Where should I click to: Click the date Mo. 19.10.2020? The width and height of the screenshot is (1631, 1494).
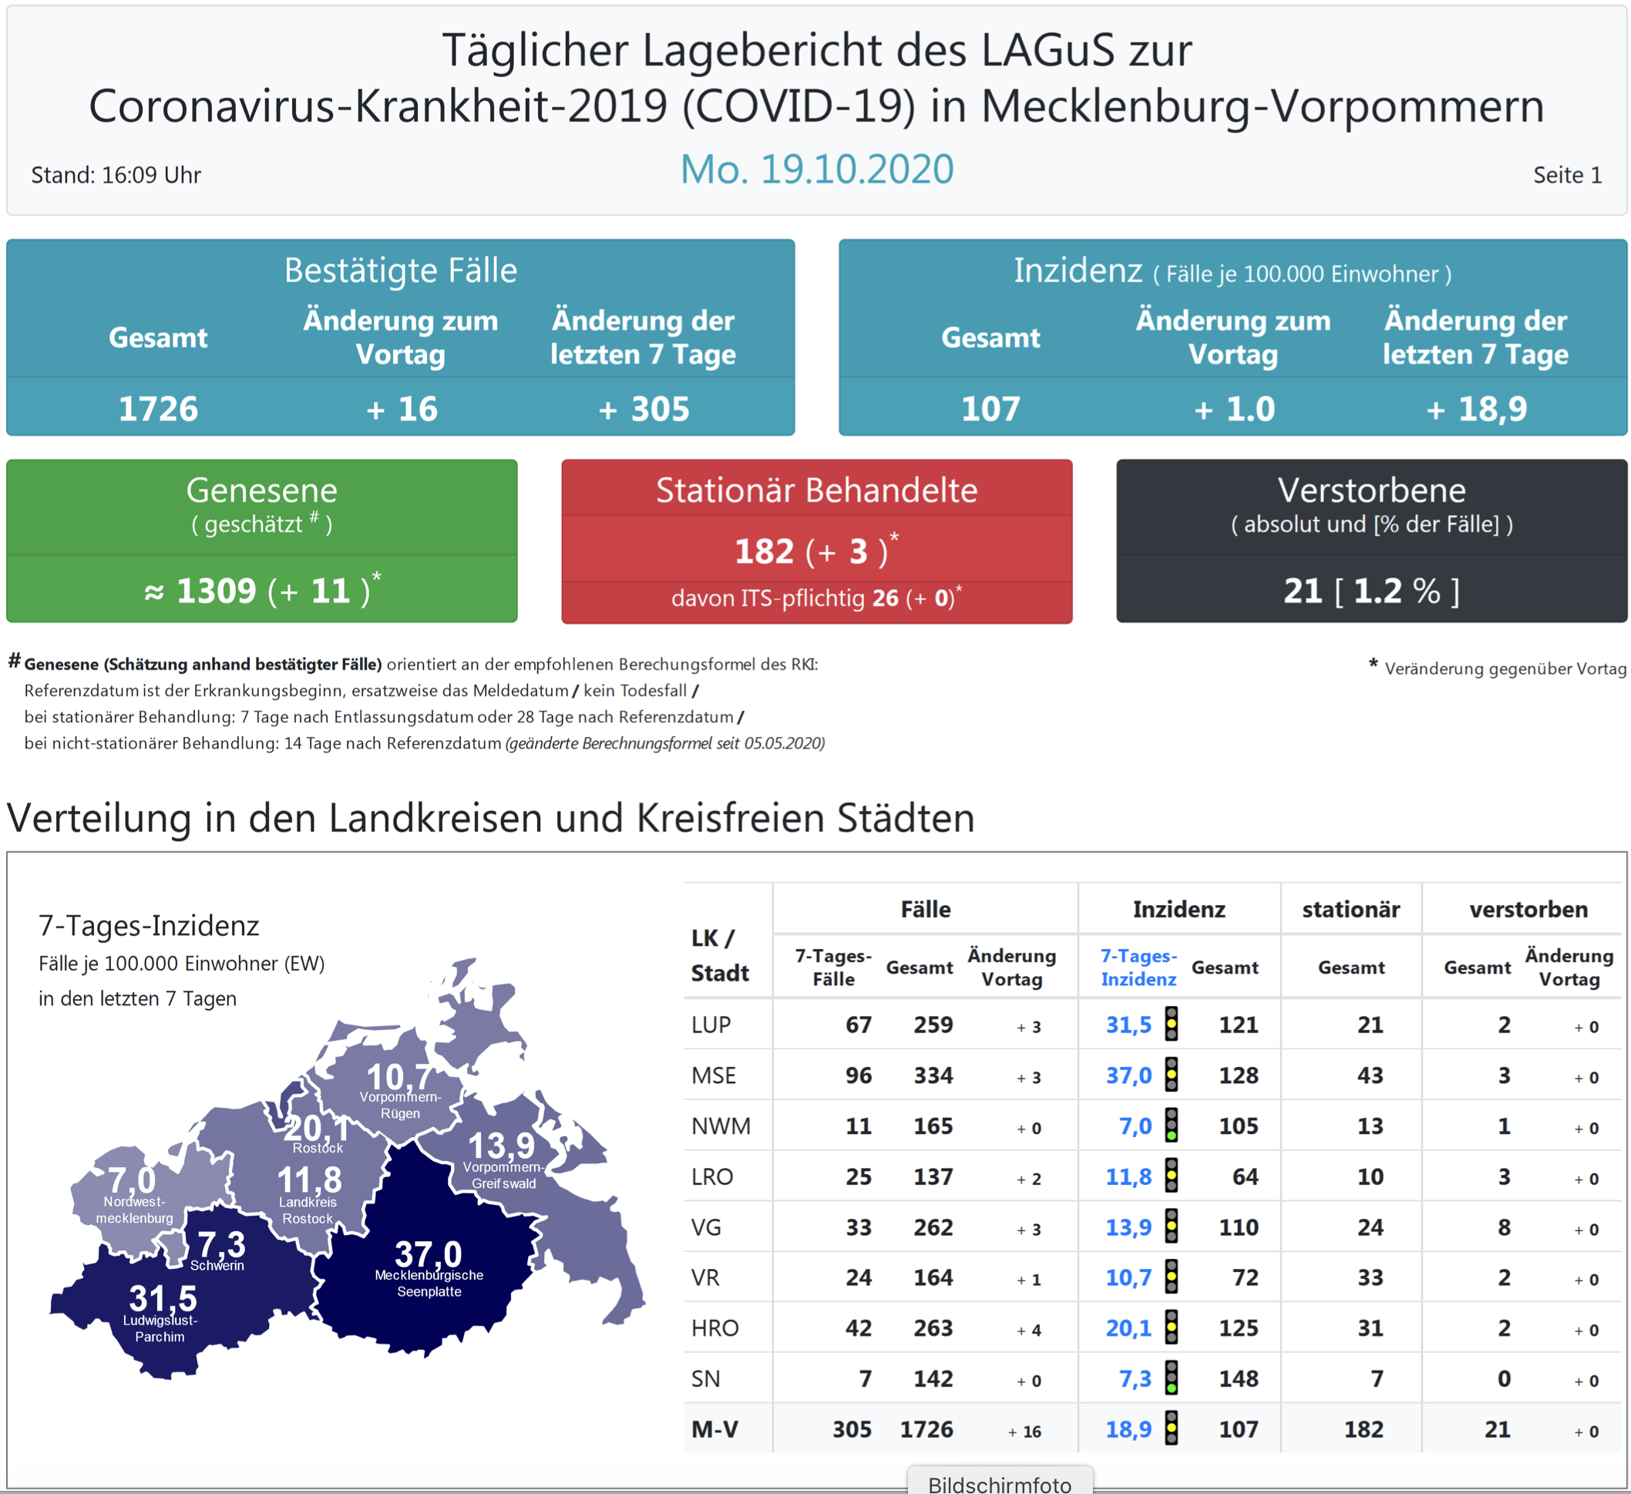pyautogui.click(x=816, y=169)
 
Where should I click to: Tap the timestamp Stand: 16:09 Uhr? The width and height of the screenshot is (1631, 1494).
pyautogui.click(x=116, y=175)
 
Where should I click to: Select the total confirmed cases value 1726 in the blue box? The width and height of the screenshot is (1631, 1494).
pyautogui.click(x=159, y=409)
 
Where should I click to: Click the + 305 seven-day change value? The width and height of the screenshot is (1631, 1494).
pyautogui.click(x=644, y=409)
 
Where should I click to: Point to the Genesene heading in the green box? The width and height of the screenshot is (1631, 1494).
pyautogui.click(x=261, y=490)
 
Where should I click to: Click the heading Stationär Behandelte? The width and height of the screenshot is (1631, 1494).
pyautogui.click(x=816, y=490)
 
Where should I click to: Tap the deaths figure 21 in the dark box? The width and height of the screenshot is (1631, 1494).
pyautogui.click(x=1303, y=591)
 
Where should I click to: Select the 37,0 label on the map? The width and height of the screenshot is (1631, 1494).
pyautogui.click(x=428, y=1253)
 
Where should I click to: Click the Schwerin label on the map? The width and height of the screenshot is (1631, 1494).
pyautogui.click(x=217, y=1266)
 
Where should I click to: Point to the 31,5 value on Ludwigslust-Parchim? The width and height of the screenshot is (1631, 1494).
pyautogui.click(x=163, y=1298)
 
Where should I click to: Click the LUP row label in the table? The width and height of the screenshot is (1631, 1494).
pyautogui.click(x=711, y=1025)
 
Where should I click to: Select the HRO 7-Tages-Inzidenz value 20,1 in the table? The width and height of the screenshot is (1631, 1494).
pyautogui.click(x=1128, y=1328)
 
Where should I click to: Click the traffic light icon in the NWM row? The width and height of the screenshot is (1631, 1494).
pyautogui.click(x=1171, y=1126)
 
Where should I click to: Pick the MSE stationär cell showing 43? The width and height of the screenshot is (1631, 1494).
pyautogui.click(x=1370, y=1075)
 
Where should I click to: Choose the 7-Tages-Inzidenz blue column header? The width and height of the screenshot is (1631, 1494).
pyautogui.click(x=1138, y=967)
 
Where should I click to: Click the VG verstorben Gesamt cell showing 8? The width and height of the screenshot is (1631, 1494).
pyautogui.click(x=1504, y=1227)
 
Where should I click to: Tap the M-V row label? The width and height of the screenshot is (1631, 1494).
pyautogui.click(x=715, y=1429)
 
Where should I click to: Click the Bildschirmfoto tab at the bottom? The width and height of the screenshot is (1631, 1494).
pyautogui.click(x=999, y=1482)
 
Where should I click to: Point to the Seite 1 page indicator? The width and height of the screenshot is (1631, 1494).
pyautogui.click(x=1567, y=175)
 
